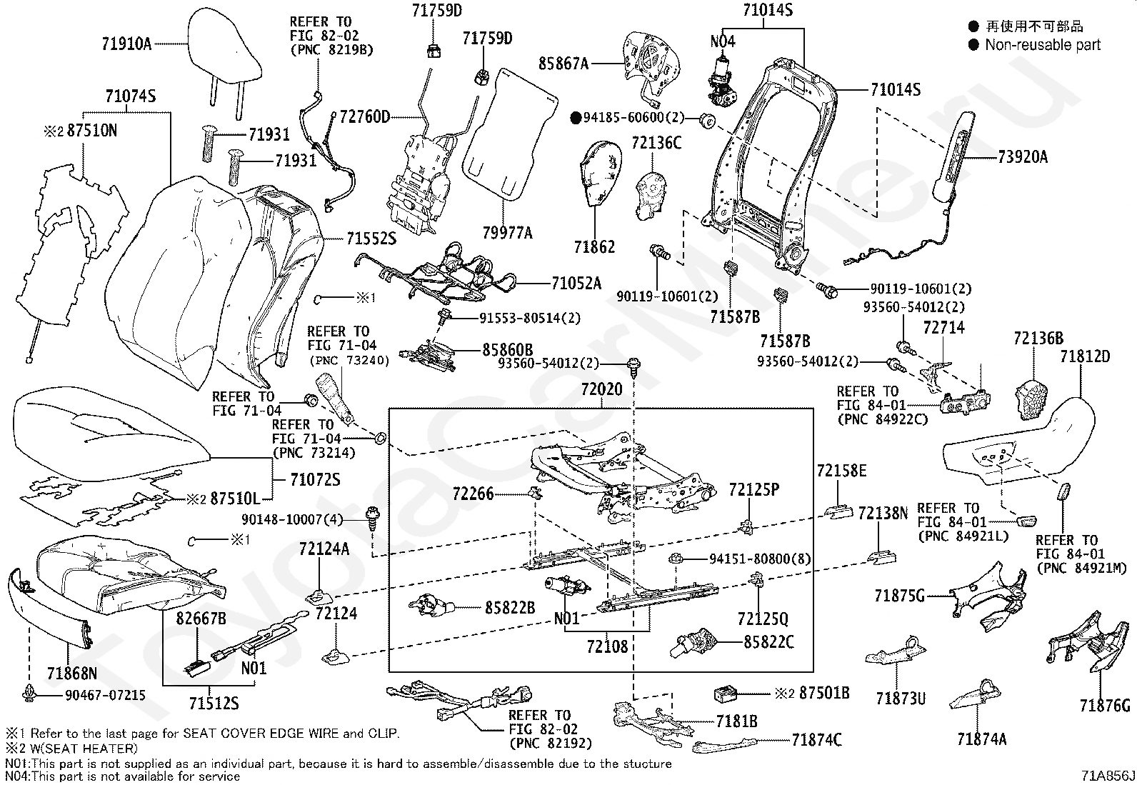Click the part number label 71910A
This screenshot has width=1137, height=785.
click(x=126, y=44)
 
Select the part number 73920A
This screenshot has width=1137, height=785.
click(x=1022, y=156)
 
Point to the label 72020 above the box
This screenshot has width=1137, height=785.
click(x=601, y=390)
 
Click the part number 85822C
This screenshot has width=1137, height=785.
click(x=768, y=642)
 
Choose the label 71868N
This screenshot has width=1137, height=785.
click(x=72, y=673)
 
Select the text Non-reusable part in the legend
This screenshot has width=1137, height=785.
click(x=1042, y=45)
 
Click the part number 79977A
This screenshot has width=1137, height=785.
click(x=507, y=232)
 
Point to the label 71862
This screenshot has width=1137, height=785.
click(x=594, y=247)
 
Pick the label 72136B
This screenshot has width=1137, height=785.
click(x=1038, y=339)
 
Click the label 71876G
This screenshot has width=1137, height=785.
click(x=1105, y=706)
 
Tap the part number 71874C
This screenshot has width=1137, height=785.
click(x=816, y=740)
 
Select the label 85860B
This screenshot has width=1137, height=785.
click(x=508, y=350)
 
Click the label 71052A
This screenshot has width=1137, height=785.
click(x=576, y=284)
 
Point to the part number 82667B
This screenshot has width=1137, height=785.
click(x=201, y=619)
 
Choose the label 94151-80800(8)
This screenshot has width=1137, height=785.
click(x=760, y=559)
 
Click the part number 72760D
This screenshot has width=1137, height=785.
click(x=365, y=116)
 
